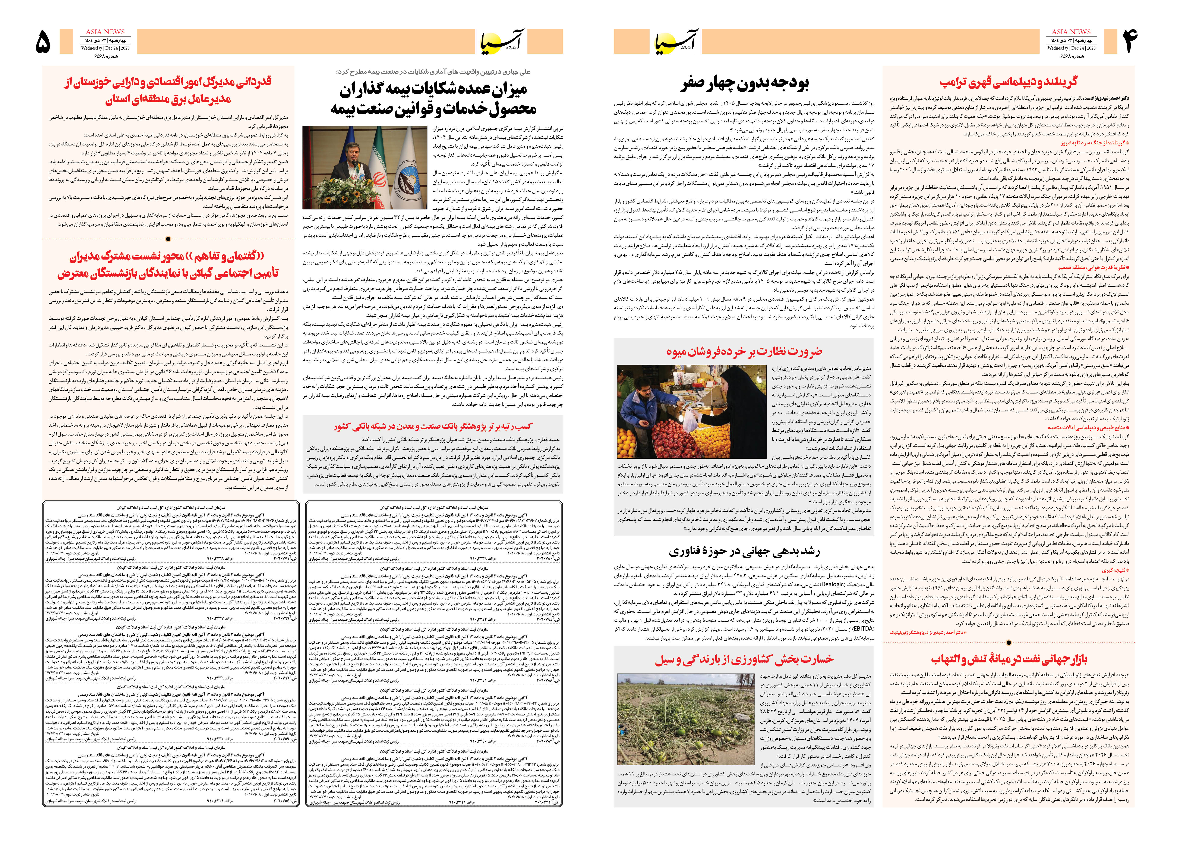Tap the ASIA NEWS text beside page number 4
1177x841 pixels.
pyautogui.click(x=1071, y=32)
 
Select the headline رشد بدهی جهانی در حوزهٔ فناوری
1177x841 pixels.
pyautogui.click(x=744, y=552)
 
